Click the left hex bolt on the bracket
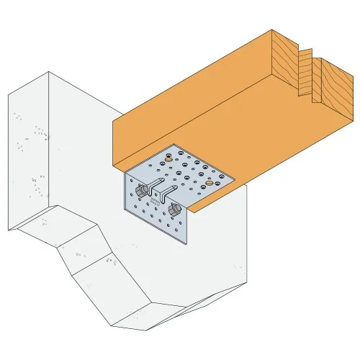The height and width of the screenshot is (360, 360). point(143,189)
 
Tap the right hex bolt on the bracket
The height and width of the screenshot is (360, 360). point(175,209)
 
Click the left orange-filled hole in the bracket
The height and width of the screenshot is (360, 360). point(168,156)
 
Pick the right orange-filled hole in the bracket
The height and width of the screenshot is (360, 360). point(210,184)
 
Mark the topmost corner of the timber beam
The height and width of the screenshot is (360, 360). point(272,30)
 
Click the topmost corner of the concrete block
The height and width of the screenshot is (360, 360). point(49,72)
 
